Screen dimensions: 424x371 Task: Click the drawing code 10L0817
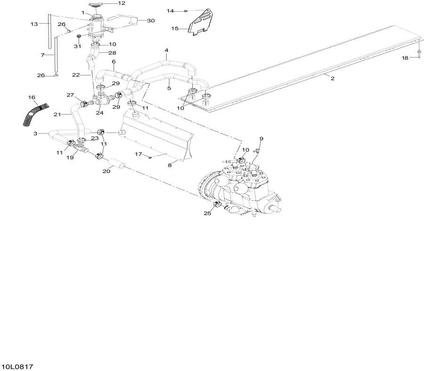coord(17,367)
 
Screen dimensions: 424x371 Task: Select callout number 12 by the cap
coord(122,3)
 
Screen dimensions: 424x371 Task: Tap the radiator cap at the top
coord(97,5)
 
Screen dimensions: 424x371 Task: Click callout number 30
coord(151,21)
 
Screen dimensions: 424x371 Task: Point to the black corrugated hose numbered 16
coord(34,115)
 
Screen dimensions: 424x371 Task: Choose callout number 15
coord(175,28)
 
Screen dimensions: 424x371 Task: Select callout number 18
coord(405,58)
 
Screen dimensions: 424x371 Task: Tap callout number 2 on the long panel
coord(333,78)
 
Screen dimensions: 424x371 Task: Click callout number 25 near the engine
coord(207,213)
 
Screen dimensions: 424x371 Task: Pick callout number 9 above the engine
coord(261,139)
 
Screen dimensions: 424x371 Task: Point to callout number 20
coord(106,171)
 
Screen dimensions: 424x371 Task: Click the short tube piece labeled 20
coord(117,164)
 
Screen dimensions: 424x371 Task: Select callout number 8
coord(170,165)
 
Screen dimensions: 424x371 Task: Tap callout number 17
coord(139,154)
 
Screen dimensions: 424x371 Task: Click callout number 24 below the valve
coord(99,113)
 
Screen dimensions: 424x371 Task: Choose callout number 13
coord(34,24)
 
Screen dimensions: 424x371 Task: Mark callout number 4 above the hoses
coord(166,50)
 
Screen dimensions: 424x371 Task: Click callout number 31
coord(78,46)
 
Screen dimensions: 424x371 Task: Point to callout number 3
coord(35,133)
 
